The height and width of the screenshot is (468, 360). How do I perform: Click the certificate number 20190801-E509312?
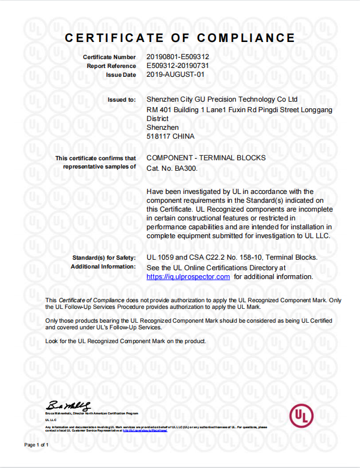(178, 57)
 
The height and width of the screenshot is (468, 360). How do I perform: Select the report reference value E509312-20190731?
(178, 66)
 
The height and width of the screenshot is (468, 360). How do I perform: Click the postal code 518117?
(158, 136)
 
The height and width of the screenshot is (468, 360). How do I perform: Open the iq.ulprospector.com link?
(188, 277)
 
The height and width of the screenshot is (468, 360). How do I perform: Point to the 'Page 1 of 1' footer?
(37, 445)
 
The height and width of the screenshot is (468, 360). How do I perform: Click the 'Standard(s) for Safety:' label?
(104, 258)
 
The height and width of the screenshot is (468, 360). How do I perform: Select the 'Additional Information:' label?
(103, 266)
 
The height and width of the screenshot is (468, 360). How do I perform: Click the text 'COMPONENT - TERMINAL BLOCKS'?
(206, 158)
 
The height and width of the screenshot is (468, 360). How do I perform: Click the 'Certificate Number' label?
(109, 57)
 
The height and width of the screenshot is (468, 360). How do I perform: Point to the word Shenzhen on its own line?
(162, 127)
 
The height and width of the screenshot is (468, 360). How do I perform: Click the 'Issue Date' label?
(121, 75)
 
